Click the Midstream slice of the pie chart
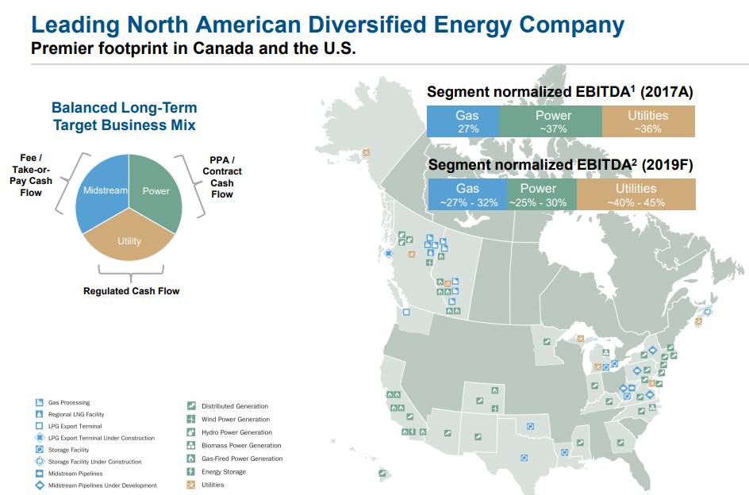(102, 191)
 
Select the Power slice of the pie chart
(156, 191)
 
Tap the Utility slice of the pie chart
(129, 239)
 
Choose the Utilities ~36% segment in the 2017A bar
(649, 121)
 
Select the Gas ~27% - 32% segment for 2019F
(467, 194)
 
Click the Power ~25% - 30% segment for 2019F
(542, 194)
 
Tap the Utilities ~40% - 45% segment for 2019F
(636, 194)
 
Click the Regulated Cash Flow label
(132, 291)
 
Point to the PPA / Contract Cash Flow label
(222, 177)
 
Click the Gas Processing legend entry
(63, 402)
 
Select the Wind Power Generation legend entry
(229, 419)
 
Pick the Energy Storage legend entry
(217, 471)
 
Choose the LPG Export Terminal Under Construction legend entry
(95, 438)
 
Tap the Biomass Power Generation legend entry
(234, 445)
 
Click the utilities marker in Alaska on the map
(366, 153)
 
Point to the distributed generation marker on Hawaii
(382, 474)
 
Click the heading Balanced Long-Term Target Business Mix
(125, 116)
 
